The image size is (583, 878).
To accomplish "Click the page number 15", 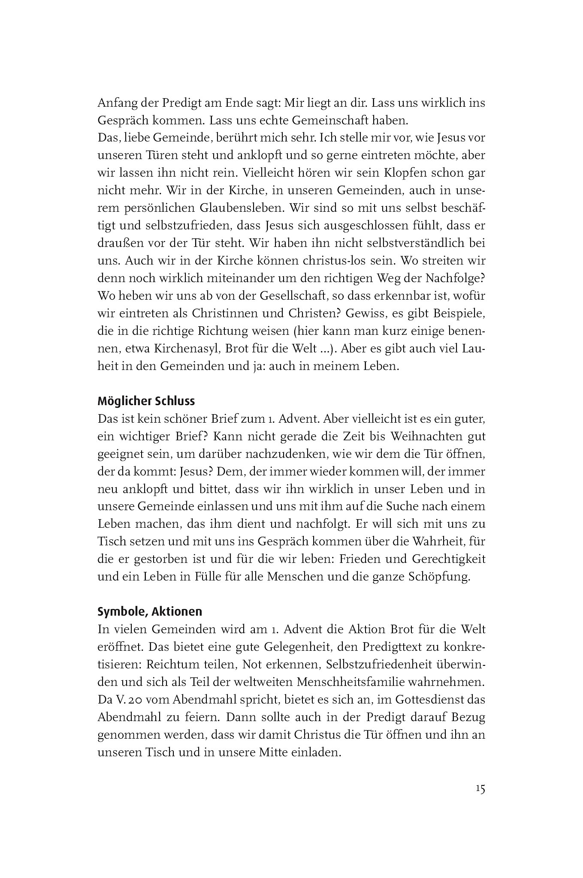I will point(480,789).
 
